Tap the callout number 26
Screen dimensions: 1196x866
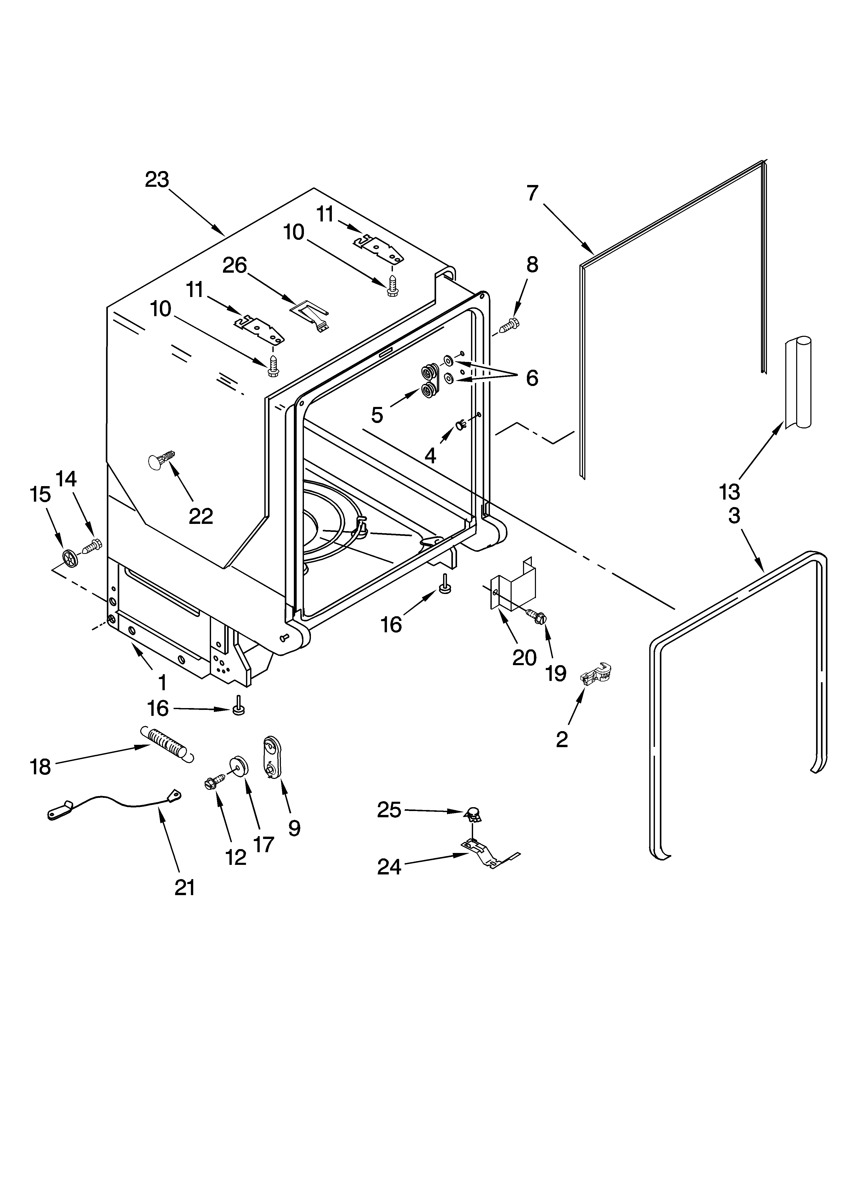(235, 265)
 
